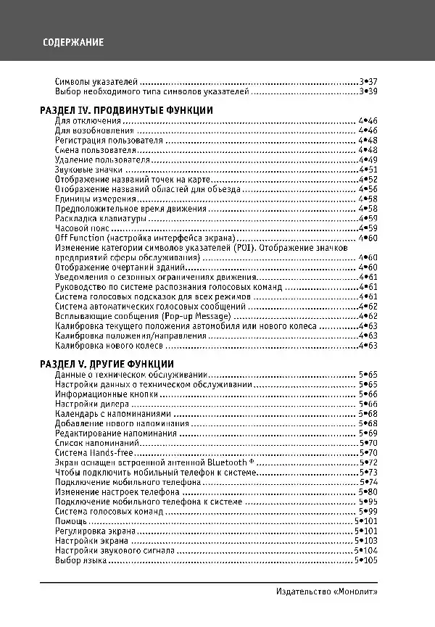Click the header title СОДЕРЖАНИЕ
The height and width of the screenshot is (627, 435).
tap(72, 42)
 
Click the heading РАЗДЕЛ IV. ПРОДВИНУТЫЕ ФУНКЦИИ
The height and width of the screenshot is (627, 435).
tap(125, 110)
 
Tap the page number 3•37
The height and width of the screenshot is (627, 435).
tap(368, 82)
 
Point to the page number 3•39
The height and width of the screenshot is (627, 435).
tap(368, 92)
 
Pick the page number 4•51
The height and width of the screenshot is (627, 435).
tap(368, 169)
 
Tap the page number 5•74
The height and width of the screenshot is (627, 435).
tap(368, 482)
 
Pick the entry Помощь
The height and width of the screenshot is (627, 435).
tap(71, 521)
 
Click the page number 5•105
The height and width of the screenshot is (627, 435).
tap(366, 560)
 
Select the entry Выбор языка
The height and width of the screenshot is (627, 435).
tap(79, 560)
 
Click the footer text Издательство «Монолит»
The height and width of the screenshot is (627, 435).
tap(327, 591)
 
